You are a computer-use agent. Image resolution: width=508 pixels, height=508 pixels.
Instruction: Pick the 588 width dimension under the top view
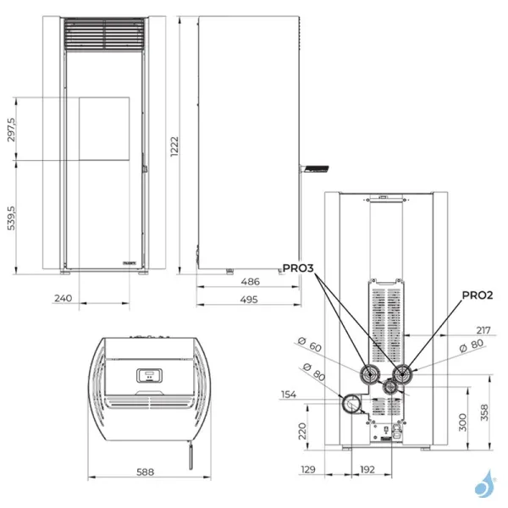(146, 473)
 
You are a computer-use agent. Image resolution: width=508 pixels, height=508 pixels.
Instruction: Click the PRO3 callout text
(299, 268)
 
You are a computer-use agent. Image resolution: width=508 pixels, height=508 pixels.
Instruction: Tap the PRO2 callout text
(477, 295)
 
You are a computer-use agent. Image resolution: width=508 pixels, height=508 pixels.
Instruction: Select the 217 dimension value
(483, 329)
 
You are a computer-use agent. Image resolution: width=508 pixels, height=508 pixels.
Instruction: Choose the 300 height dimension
(461, 422)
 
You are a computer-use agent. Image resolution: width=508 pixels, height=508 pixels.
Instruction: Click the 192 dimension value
(367, 468)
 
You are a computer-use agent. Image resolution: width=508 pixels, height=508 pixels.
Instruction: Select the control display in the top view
(148, 373)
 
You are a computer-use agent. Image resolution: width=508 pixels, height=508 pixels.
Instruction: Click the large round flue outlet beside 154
(351, 405)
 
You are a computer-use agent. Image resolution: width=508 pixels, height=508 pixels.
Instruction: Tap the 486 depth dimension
(248, 281)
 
